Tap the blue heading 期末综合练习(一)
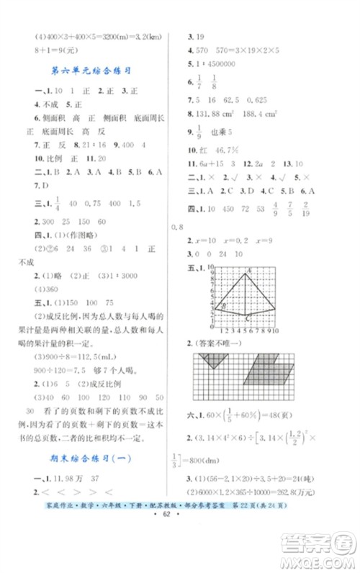[x=90, y=457]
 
